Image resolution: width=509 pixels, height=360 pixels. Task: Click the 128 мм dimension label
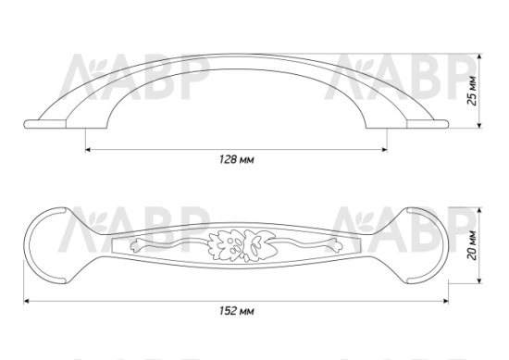coord(237,160)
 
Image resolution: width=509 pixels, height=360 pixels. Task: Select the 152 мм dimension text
coord(237,311)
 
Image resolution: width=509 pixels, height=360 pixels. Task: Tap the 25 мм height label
coord(473,91)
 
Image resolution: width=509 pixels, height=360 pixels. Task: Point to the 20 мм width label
coord(473,245)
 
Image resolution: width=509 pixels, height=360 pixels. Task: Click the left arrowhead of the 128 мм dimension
coord(88,150)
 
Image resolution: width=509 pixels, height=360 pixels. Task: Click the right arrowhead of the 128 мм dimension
coord(385,150)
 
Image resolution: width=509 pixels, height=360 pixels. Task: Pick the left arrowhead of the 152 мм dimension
coord(27,302)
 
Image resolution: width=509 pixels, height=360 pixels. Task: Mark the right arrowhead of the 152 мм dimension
coord(446,302)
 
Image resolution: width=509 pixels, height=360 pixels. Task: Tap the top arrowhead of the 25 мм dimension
coord(479,56)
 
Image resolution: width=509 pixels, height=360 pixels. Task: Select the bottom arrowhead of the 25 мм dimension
coord(479,125)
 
